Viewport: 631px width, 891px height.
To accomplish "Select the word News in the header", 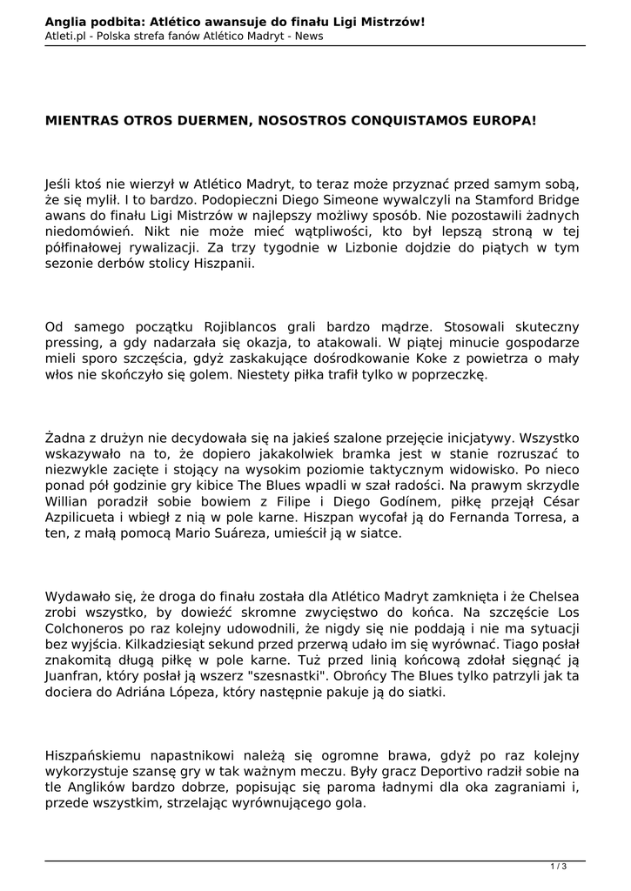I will click(309, 36).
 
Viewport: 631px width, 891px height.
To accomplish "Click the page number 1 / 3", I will click(559, 866).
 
